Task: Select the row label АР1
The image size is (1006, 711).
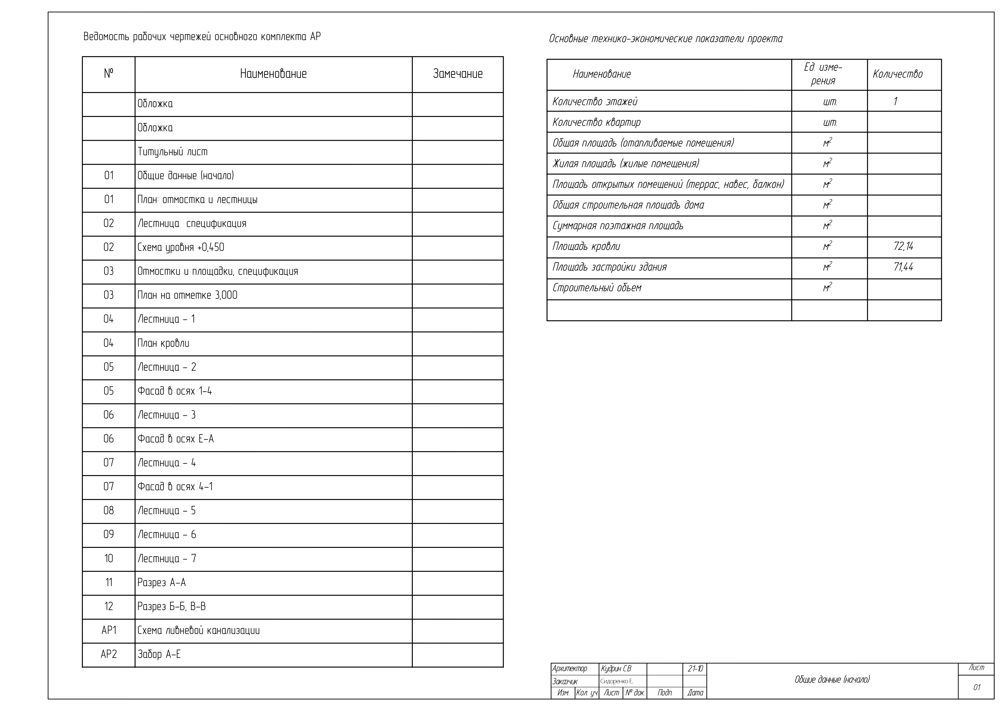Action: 109,631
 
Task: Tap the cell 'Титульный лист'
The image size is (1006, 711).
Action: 173,152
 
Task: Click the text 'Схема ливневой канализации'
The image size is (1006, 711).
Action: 199,631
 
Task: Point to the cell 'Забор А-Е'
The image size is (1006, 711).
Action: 159,654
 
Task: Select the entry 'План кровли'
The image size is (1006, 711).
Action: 163,343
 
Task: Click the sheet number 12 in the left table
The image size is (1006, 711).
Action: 109,606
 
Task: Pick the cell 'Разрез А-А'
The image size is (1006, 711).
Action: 162,583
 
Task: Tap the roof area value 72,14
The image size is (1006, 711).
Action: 903,246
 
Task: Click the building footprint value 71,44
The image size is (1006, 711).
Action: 903,267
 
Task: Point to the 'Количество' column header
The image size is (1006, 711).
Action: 897,74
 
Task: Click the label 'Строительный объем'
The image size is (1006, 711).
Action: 597,288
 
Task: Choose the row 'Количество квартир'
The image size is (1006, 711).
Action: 596,122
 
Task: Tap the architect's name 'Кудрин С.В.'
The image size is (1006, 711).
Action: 616,669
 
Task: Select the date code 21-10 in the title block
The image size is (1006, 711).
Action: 695,669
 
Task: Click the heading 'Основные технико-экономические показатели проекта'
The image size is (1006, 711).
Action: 666,39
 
